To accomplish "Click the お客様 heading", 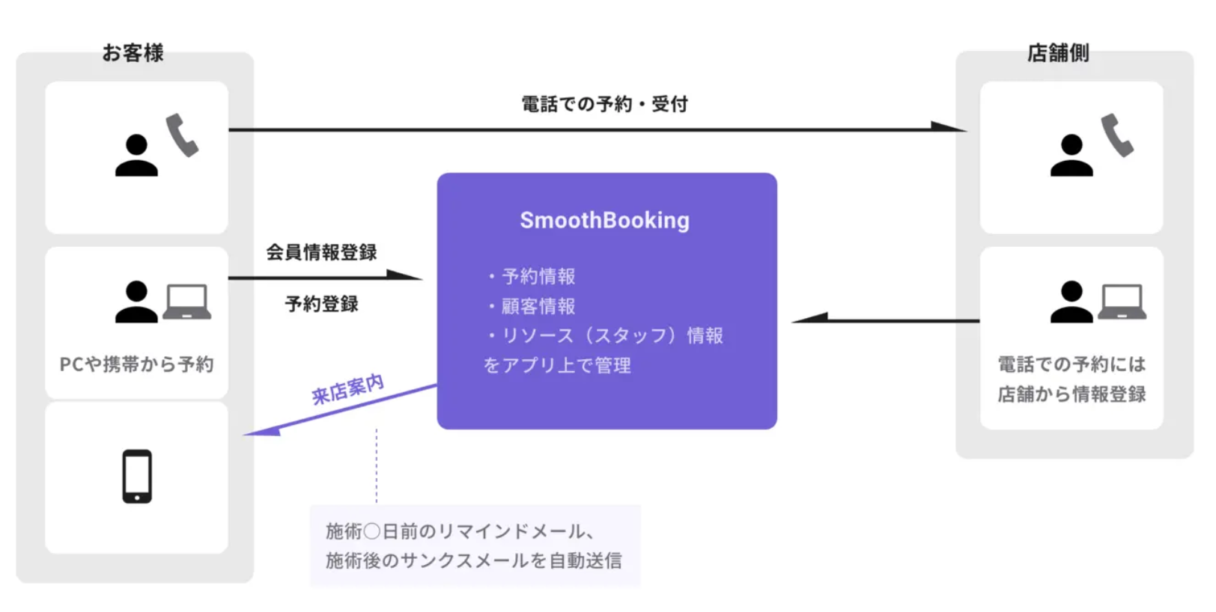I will point(133,53).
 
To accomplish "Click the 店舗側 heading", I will point(1057,53).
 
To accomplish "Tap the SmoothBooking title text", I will point(604,221).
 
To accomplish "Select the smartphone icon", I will point(137,477).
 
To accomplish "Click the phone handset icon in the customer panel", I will point(182,135).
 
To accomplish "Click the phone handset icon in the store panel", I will point(1116,135).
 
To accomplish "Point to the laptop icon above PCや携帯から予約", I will point(186,302).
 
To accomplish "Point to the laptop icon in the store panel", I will point(1122,302).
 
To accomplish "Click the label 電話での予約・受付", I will point(604,104).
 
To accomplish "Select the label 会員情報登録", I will point(321,252).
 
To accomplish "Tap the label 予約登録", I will point(321,304).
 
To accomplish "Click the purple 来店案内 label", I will point(347,389).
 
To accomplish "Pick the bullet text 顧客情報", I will point(538,306).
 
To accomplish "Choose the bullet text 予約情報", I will point(538,276).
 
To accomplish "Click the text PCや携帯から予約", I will point(136,364).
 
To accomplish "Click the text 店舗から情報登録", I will point(1071,394).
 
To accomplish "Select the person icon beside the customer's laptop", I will point(136,302).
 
